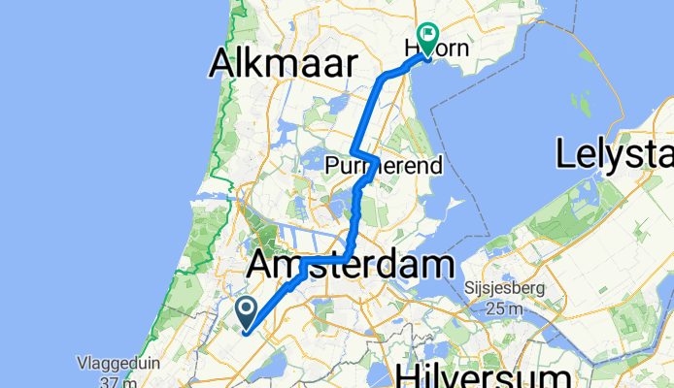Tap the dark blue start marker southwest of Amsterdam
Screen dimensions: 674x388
click(246, 312)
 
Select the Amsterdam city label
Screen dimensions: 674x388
click(352, 264)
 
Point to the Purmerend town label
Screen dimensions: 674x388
click(385, 165)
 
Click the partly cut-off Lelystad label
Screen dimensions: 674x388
click(615, 153)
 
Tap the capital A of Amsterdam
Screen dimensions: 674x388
click(263, 264)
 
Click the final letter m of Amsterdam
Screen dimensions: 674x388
click(441, 264)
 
